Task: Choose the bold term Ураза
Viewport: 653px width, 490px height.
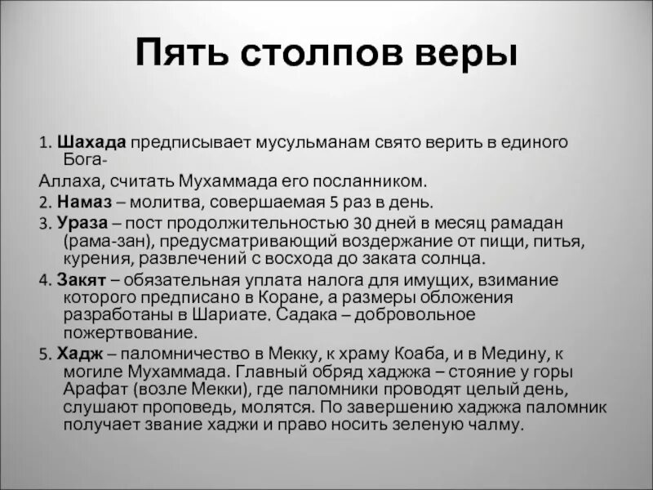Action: tap(76, 222)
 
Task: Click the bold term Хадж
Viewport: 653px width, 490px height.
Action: tap(73, 353)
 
